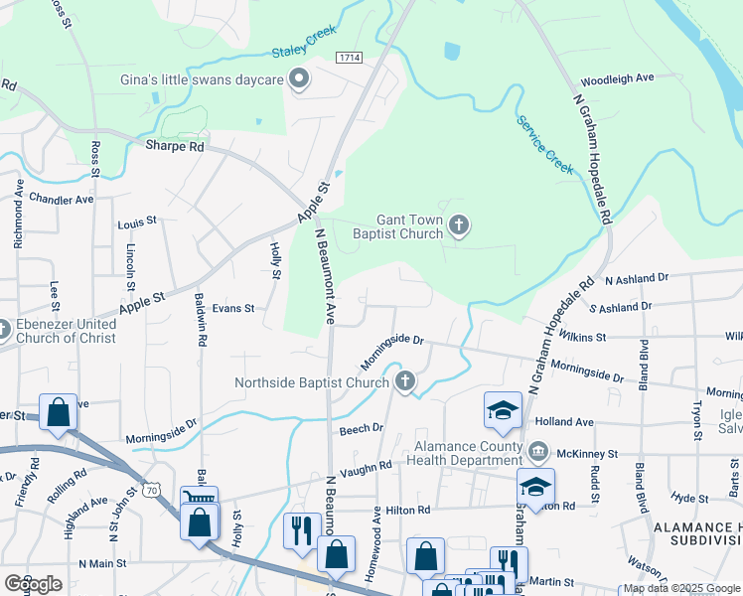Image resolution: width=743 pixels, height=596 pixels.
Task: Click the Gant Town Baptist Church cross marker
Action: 458,225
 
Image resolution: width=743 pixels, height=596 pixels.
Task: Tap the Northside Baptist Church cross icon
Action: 405,381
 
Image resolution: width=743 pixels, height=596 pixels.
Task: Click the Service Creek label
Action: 544,145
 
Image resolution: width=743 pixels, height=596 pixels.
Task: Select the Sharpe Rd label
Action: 174,146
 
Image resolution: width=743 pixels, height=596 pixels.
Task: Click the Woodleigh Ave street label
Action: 617,77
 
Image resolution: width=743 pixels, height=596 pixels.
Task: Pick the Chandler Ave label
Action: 61,199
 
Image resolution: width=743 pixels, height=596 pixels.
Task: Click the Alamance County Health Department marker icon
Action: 538,452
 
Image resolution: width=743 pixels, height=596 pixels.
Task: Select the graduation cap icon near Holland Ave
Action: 504,410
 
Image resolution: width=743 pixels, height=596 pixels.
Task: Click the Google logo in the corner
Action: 33,583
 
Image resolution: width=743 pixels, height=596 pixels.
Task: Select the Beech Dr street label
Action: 361,428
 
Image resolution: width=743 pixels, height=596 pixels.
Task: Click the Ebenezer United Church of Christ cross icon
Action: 5,329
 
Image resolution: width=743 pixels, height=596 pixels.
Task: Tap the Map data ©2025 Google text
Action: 681,588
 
